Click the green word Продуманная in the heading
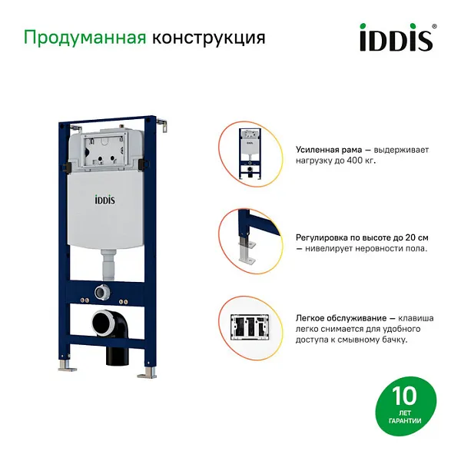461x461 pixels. click(x=85, y=38)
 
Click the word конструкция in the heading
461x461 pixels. click(x=209, y=38)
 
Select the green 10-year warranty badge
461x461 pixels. click(x=405, y=404)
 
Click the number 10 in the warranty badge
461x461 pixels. click(x=404, y=396)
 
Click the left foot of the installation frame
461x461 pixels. click(x=68, y=371)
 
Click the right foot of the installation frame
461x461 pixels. click(x=145, y=374)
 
